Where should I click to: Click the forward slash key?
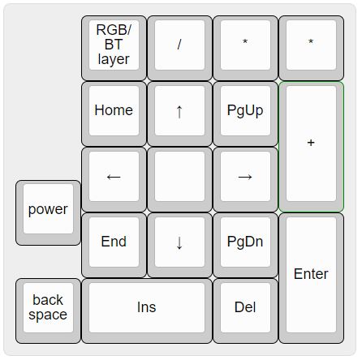[179, 48]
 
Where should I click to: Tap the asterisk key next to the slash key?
[245, 48]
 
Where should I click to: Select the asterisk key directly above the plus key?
[311, 48]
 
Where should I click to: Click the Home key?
[114, 114]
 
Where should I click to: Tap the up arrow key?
[179, 114]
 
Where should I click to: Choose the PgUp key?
[245, 114]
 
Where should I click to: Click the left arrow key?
[114, 179]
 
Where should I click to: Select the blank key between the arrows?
[179, 179]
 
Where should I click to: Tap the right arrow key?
[245, 179]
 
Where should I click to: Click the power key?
[48, 212]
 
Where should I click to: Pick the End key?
[114, 245]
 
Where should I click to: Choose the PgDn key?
[245, 245]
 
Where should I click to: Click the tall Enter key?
[311, 278]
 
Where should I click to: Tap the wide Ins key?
[147, 311]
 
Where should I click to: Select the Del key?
[245, 311]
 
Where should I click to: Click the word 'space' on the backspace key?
[48, 315]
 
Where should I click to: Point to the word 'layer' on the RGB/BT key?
[114, 59]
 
